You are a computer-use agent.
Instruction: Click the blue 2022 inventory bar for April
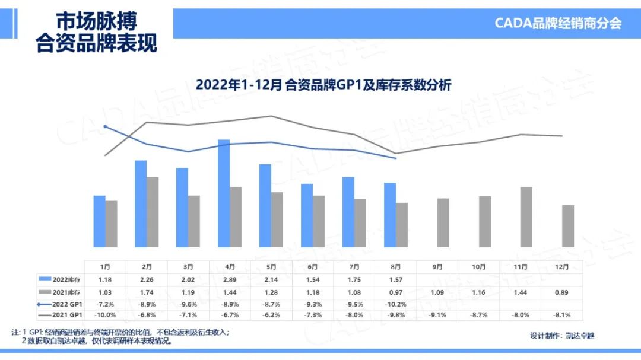click(x=224, y=193)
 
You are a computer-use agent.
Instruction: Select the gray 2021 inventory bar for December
click(x=568, y=226)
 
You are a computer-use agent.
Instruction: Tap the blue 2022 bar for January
click(x=99, y=221)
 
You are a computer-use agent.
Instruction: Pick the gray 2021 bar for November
click(x=526, y=217)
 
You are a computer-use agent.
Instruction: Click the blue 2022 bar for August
click(x=390, y=215)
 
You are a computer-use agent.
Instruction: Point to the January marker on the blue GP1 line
click(x=105, y=126)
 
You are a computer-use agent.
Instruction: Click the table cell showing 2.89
click(x=230, y=279)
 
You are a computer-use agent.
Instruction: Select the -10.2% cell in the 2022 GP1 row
click(x=396, y=303)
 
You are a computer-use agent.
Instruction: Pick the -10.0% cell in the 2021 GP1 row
click(x=105, y=315)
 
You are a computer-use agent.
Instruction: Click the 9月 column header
click(x=437, y=267)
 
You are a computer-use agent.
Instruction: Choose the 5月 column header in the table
click(x=271, y=267)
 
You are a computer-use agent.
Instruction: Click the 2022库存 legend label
click(x=65, y=279)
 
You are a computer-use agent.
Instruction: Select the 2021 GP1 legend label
click(x=66, y=315)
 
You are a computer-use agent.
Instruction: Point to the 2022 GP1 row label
click(x=66, y=303)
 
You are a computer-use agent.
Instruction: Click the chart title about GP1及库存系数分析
click(x=323, y=85)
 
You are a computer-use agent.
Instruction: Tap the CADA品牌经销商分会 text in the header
click(x=558, y=23)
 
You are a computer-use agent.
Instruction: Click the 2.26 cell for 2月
click(x=147, y=279)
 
